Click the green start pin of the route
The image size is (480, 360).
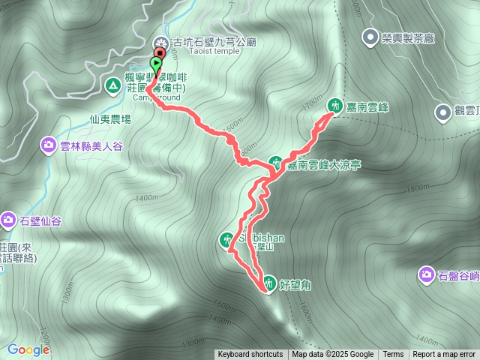[156, 64]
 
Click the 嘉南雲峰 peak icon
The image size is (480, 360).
[333, 106]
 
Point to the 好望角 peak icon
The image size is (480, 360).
[268, 283]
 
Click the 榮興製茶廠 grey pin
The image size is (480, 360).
[370, 36]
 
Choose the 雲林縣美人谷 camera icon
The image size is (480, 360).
[49, 143]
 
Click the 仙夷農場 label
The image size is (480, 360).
[109, 118]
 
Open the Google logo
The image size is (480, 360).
[28, 349]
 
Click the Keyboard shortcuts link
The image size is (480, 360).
[250, 355]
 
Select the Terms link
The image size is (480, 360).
[393, 355]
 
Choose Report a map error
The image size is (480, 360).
[444, 355]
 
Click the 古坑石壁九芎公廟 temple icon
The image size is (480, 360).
[160, 41]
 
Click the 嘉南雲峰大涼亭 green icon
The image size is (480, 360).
[276, 162]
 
